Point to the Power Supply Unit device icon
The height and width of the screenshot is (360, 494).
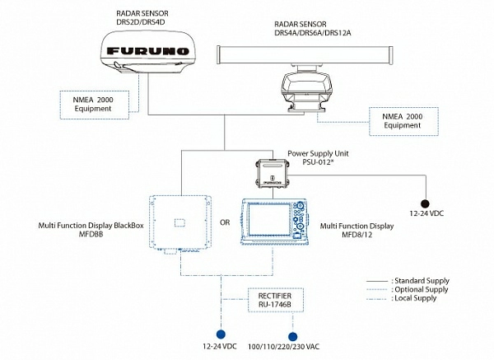coord(273,171)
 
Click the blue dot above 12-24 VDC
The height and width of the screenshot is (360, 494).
coord(219,334)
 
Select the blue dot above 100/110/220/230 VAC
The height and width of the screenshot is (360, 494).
coord(291,335)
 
